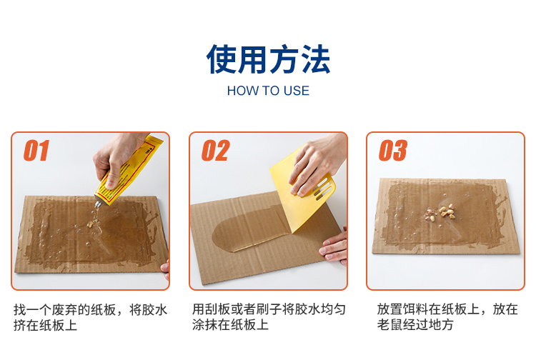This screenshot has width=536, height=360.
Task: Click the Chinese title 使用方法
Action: click(x=268, y=59)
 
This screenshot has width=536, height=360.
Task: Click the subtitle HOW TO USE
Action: click(x=268, y=91)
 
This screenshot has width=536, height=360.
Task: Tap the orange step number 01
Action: click(x=36, y=150)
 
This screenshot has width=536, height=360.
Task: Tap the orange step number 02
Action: click(x=215, y=150)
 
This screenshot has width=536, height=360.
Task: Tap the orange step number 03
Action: click(x=393, y=150)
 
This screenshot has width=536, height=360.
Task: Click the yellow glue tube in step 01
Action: click(x=127, y=171)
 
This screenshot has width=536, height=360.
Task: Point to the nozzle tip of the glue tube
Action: click(x=98, y=205)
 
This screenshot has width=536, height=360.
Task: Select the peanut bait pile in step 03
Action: click(x=440, y=211)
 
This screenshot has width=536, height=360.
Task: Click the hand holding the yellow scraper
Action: click(x=316, y=164)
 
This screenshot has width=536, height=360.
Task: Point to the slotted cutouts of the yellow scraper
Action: click(x=322, y=189)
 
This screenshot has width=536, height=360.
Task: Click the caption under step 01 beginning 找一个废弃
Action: click(x=91, y=317)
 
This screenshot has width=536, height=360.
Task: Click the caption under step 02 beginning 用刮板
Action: click(x=269, y=316)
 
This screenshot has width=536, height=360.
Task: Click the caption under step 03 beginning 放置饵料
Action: click(x=447, y=316)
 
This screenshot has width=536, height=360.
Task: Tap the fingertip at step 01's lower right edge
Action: click(x=166, y=267)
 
